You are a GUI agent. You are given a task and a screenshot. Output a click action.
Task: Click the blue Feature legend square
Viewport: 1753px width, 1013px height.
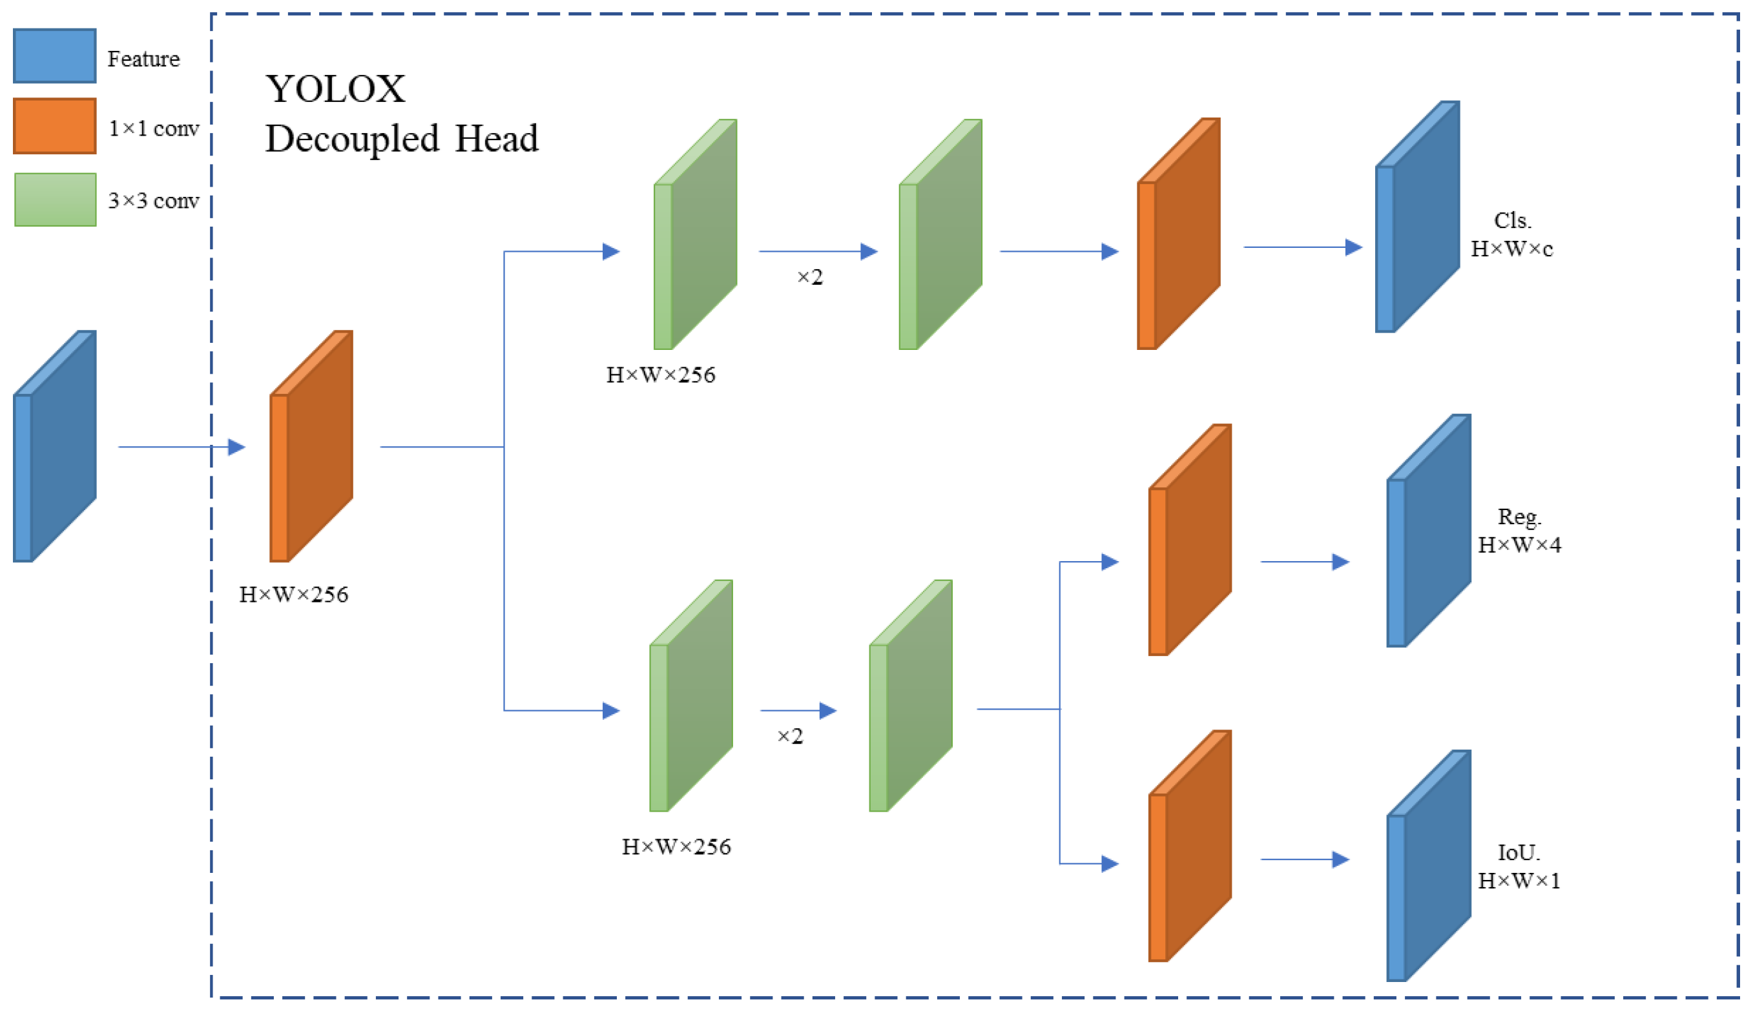pyautogui.click(x=54, y=56)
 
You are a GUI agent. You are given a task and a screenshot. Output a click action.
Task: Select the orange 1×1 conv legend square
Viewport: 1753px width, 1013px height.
pyautogui.click(x=54, y=126)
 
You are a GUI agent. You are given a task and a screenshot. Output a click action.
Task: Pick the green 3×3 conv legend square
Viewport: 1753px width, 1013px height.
pyautogui.click(x=55, y=200)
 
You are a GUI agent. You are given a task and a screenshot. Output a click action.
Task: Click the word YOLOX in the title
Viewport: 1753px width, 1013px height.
pyautogui.click(x=335, y=89)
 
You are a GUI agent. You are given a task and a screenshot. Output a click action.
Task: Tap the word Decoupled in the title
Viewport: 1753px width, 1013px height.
pyautogui.click(x=351, y=138)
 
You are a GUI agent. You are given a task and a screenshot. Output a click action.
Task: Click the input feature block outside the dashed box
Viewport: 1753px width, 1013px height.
pyautogui.click(x=54, y=446)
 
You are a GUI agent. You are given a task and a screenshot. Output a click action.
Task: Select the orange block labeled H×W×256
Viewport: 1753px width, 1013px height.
pyautogui.click(x=311, y=446)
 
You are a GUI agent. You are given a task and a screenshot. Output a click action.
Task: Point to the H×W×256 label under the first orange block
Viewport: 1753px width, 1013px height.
pyautogui.click(x=293, y=595)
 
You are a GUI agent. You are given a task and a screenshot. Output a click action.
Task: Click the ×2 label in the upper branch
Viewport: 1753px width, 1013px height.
pyautogui.click(x=810, y=278)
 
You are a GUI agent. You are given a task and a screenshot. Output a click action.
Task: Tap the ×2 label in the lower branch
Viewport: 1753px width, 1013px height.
pyautogui.click(x=789, y=736)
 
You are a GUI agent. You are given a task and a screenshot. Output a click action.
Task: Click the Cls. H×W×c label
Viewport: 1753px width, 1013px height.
pyautogui.click(x=1511, y=234)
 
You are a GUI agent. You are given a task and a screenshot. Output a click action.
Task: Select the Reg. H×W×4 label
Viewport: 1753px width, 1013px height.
pyautogui.click(x=1519, y=531)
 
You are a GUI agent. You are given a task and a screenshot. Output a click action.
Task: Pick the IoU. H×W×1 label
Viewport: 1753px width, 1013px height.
pyautogui.click(x=1519, y=866)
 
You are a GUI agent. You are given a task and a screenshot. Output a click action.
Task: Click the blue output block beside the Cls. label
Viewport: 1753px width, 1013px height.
pyautogui.click(x=1417, y=217)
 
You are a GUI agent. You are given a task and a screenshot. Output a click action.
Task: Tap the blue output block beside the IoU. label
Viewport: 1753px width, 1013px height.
pyautogui.click(x=1428, y=866)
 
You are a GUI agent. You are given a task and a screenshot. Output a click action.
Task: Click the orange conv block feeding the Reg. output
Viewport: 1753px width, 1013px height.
pyautogui.click(x=1190, y=540)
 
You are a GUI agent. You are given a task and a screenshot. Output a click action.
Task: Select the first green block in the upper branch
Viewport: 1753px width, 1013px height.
pyautogui.click(x=695, y=234)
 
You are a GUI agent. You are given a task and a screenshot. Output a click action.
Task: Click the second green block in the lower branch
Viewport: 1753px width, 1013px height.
pyautogui.click(x=910, y=695)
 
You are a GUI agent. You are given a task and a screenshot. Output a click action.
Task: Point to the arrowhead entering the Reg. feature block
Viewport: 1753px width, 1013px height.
pyautogui.click(x=1340, y=562)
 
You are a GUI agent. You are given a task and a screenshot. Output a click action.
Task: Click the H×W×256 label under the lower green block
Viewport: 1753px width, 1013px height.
pyautogui.click(x=676, y=847)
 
